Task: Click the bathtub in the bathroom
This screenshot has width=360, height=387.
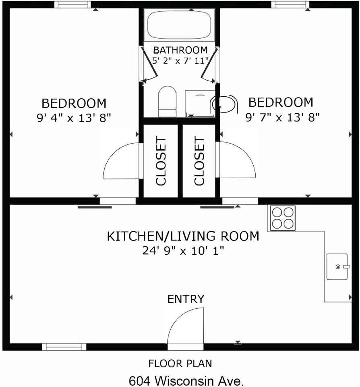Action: pos(179,25)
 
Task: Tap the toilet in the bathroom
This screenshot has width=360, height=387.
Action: pos(168,102)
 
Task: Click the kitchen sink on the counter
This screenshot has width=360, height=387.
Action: pos(337,266)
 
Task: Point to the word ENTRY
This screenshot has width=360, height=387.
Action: pos(186,299)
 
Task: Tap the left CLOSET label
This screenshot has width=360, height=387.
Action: pos(161,161)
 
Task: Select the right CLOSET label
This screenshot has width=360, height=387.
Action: pos(199,161)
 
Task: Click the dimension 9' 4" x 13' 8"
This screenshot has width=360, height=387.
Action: pos(74,118)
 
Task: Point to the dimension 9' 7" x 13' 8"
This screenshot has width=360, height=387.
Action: pos(283,117)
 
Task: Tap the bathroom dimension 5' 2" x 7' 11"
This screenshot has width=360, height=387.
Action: pos(180,61)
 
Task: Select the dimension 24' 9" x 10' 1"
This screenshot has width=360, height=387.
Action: pos(183,251)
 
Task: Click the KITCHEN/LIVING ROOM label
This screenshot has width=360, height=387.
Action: pos(183,236)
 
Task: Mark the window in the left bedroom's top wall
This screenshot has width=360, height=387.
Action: pos(72,5)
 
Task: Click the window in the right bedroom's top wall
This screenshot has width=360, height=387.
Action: pos(290,5)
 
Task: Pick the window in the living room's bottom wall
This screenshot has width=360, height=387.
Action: pos(64,347)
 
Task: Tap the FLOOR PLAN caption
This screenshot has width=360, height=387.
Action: pos(180,364)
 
